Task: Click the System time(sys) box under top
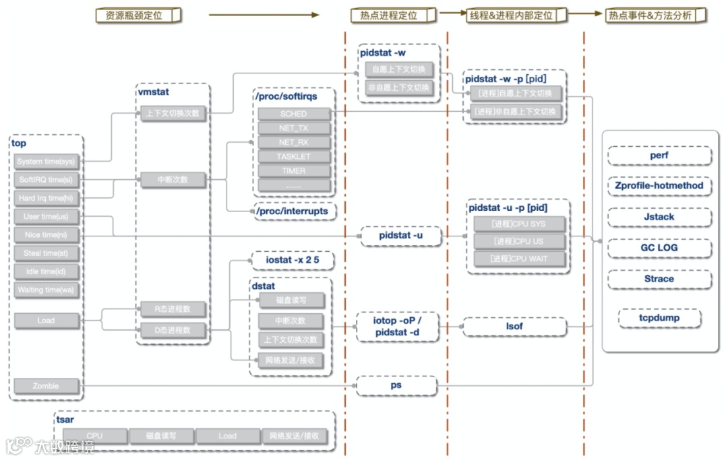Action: pyautogui.click(x=46, y=162)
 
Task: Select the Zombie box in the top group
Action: pyautogui.click(x=46, y=387)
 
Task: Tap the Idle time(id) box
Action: pyautogui.click(x=46, y=272)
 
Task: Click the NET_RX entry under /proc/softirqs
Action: pyautogui.click(x=293, y=143)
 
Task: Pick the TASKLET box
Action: pyautogui.click(x=293, y=157)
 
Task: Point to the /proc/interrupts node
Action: pyautogui.click(x=292, y=211)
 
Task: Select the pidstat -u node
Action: pyautogui.click(x=400, y=236)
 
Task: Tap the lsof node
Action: pyautogui.click(x=514, y=327)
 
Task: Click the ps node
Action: pyautogui.click(x=396, y=385)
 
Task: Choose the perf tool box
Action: pyautogui.click(x=659, y=156)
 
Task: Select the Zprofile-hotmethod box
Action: pyautogui.click(x=659, y=186)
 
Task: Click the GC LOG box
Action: pyautogui.click(x=659, y=248)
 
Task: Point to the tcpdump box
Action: pyautogui.click(x=659, y=318)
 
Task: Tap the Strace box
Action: pyautogui.click(x=659, y=279)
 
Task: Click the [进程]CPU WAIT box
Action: pyautogui.click(x=518, y=259)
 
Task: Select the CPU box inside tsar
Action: pyautogui.click(x=94, y=436)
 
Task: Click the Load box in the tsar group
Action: pyautogui.click(x=227, y=436)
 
